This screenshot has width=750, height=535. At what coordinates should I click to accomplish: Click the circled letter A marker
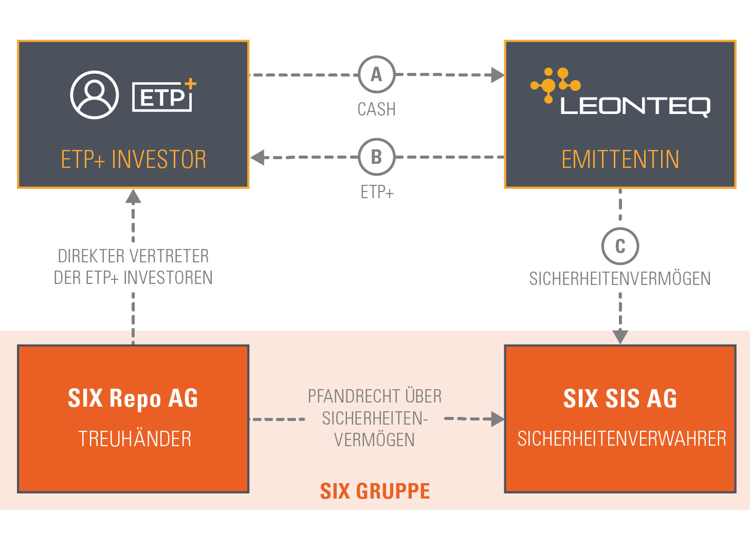[376, 74]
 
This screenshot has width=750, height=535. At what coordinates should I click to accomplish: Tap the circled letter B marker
[376, 157]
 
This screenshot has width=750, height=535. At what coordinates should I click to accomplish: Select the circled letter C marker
[620, 246]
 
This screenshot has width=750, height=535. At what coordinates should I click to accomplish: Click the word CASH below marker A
[376, 109]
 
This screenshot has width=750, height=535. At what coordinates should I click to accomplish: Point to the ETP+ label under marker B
[376, 192]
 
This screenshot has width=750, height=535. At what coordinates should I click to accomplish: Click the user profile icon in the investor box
[95, 95]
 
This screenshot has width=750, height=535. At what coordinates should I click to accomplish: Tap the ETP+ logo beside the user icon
[163, 95]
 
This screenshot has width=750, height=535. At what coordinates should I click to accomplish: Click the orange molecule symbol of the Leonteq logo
[555, 84]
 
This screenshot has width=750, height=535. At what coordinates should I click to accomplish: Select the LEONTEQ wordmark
[635, 106]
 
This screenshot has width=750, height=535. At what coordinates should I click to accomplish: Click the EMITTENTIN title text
[620, 159]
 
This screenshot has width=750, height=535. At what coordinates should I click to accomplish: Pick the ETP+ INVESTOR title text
[134, 159]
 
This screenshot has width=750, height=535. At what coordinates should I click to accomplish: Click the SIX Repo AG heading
[133, 398]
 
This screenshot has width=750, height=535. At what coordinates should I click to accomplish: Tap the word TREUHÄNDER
[135, 439]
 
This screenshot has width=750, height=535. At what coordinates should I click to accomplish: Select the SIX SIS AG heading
[620, 398]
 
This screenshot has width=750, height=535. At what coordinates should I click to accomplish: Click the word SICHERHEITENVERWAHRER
[621, 439]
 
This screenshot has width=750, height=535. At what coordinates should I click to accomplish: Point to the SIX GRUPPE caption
[375, 491]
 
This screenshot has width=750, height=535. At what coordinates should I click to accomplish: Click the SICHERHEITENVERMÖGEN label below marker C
[620, 279]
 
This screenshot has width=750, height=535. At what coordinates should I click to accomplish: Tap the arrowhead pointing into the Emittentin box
[497, 75]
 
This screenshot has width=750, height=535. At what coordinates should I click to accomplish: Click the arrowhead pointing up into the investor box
[133, 197]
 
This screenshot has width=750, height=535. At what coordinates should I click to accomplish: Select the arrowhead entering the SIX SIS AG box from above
[620, 337]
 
